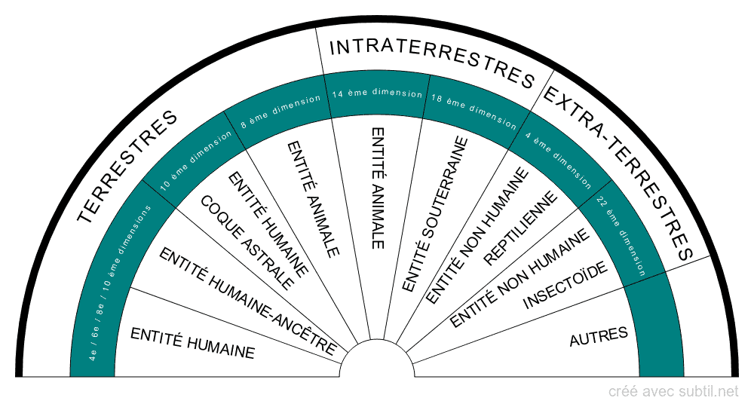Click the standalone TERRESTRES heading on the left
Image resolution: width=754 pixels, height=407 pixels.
tap(127, 167)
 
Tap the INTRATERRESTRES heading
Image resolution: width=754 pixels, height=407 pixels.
tap(432, 64)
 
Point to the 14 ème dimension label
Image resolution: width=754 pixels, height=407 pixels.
tap(378, 93)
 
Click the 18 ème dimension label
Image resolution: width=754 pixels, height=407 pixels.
tap(474, 112)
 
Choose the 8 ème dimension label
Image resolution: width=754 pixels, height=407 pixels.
tap(280, 112)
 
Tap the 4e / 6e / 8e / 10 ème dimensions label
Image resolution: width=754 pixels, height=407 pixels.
tap(120, 283)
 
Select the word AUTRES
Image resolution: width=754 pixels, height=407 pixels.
tap(599, 336)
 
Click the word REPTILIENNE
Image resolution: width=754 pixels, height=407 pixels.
tap(520, 228)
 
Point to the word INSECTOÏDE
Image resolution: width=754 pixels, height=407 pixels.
tap(565, 286)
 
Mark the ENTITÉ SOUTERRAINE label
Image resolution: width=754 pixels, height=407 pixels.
tap(435, 214)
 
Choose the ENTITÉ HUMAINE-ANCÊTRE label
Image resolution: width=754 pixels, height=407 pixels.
tap(247, 301)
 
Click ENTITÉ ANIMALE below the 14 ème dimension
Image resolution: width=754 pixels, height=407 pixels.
tap(378, 188)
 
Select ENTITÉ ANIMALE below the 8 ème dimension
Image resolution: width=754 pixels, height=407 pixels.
tap(314, 199)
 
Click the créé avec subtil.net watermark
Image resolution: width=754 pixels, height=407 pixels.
tap(673, 392)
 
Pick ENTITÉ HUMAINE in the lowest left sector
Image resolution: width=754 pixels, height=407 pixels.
tap(192, 343)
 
